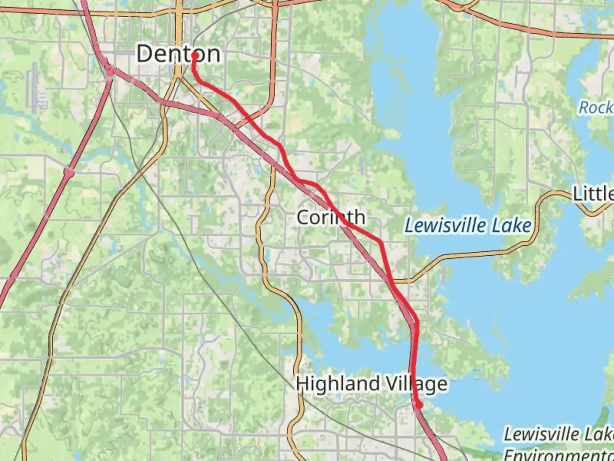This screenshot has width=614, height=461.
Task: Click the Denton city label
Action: click(178, 54)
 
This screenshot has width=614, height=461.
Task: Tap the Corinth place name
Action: click(331, 217)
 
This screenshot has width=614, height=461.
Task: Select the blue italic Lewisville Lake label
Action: click(468, 225)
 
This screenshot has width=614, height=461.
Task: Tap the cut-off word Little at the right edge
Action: click(593, 194)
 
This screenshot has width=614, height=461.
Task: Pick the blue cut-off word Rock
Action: click(595, 108)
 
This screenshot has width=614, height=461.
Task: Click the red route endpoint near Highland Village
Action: click(419, 405)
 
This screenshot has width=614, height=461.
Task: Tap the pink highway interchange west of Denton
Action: click(110, 71)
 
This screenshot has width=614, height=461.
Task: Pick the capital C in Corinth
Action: click(302, 217)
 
